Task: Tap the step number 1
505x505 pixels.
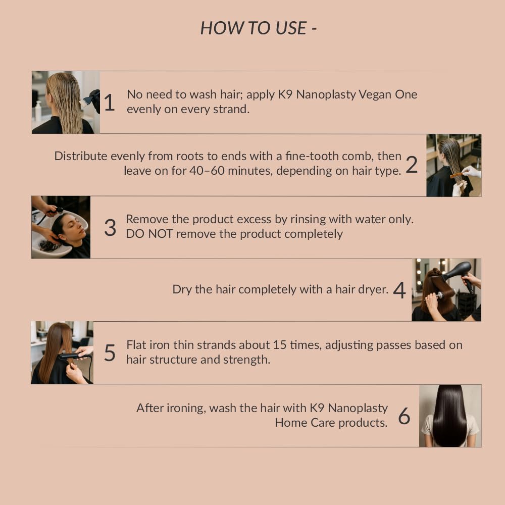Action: (x=110, y=103)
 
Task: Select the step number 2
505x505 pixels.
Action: (x=412, y=165)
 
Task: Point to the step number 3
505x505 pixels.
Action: (x=110, y=227)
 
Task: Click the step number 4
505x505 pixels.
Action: (x=399, y=290)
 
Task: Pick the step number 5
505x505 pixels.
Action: (x=110, y=352)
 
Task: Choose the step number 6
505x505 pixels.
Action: (x=404, y=416)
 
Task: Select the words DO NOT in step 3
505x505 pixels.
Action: (x=149, y=234)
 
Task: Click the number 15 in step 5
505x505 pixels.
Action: (x=280, y=345)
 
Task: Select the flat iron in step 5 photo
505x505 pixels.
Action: (x=73, y=356)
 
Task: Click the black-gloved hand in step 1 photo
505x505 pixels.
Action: (x=94, y=100)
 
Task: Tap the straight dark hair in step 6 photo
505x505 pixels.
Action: (x=450, y=416)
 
